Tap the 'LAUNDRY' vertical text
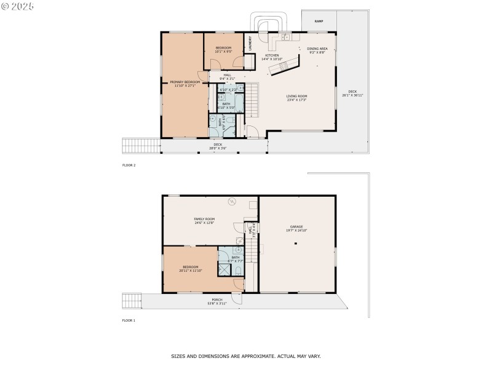[250, 42]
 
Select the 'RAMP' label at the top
[319, 22]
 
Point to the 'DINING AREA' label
[317, 48]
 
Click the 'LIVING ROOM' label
[296, 96]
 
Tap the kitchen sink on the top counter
[285, 38]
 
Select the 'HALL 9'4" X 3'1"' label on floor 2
[227, 77]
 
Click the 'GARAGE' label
[296, 226]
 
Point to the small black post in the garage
[296, 244]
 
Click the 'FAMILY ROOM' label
[204, 219]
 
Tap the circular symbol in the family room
[232, 200]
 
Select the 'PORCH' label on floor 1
[217, 300]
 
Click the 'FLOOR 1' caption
[129, 320]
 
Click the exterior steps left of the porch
[132, 300]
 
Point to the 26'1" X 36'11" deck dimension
[352, 95]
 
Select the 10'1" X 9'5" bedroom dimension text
[223, 52]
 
